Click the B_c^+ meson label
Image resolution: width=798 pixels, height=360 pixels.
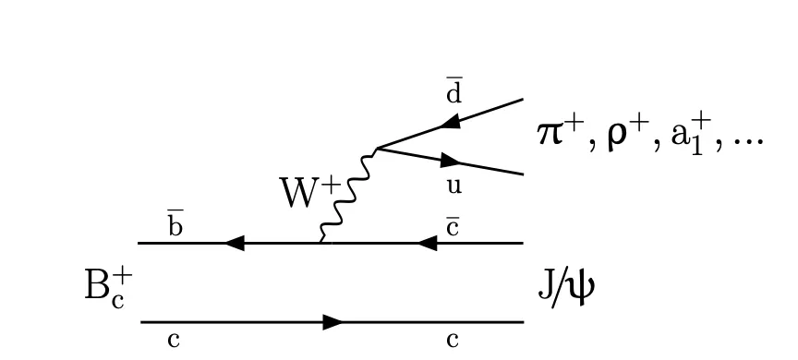tap(108, 289)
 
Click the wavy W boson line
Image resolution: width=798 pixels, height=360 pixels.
tap(348, 195)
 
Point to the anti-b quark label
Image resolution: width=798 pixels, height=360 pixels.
tap(175, 225)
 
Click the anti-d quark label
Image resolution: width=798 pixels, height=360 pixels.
tap(454, 92)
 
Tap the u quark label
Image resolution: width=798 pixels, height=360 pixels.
tap(454, 186)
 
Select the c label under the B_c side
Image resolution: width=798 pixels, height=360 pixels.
tap(174, 341)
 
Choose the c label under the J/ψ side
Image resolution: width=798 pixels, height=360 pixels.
tap(453, 341)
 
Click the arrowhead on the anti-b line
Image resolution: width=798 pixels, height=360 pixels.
tap(235, 243)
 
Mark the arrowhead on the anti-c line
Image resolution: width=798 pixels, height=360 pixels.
tap(428, 243)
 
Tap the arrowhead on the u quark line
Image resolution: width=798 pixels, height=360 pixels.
tap(451, 162)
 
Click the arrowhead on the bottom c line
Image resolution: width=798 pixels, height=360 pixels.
tap(332, 322)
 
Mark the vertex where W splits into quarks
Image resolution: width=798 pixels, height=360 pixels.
tap(377, 149)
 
